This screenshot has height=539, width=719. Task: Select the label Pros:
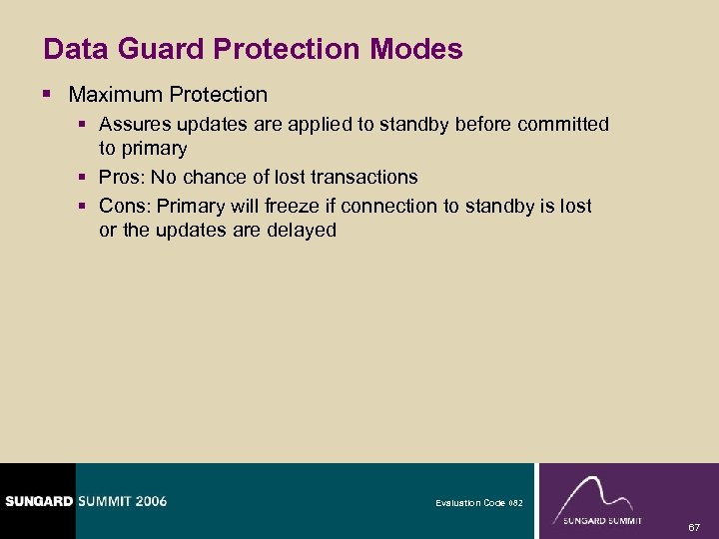[x=122, y=177]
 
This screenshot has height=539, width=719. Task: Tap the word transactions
[x=364, y=177]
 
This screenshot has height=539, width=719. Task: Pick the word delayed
[x=302, y=230]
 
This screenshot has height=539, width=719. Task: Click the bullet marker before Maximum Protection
[x=50, y=95]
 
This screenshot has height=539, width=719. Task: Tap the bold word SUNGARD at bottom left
[x=37, y=501]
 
